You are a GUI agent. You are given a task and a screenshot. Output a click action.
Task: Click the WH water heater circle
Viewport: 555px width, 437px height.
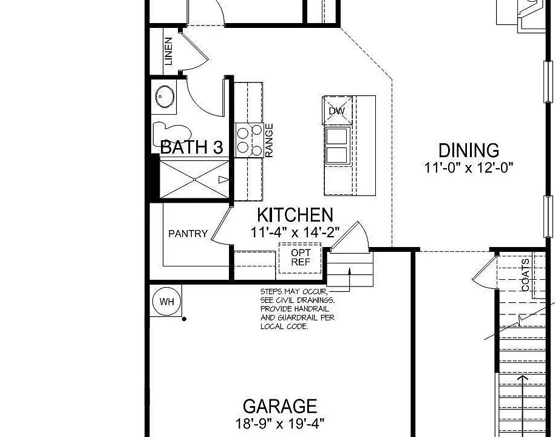[x=165, y=301]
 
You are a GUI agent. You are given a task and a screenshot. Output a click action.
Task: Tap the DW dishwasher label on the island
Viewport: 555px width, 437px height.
[x=336, y=111]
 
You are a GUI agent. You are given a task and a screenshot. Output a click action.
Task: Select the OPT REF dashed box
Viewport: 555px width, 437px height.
[x=301, y=257]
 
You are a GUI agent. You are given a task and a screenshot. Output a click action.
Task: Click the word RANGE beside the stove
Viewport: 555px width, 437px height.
[x=269, y=141]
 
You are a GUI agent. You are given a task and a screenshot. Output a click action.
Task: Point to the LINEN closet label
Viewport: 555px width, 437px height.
[x=168, y=51]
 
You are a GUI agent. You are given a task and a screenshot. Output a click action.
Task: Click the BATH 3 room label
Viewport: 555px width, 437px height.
[x=191, y=147]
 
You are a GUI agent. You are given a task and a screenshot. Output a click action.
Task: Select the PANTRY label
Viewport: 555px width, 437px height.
[x=188, y=234]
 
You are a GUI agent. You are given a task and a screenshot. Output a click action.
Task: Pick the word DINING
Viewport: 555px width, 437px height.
[x=469, y=151]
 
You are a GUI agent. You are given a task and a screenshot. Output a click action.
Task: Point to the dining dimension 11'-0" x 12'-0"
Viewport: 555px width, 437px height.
[x=469, y=168]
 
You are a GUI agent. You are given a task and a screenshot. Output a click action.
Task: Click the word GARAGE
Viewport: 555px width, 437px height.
[x=280, y=406]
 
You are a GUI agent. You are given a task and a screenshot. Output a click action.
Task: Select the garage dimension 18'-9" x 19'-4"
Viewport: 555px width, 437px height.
[x=280, y=422]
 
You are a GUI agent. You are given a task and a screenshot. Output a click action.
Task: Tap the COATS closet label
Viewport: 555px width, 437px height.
[x=526, y=275]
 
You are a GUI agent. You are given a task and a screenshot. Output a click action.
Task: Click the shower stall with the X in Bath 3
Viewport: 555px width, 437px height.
[x=194, y=177]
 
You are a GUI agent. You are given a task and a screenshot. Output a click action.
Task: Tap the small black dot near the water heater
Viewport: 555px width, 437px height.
[x=184, y=319]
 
